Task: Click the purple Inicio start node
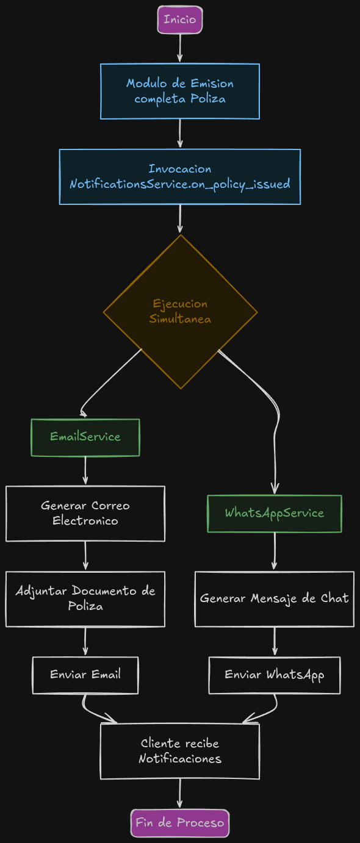coord(179,20)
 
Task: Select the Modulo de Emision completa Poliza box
coord(179,91)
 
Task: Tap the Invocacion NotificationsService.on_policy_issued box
coord(179,176)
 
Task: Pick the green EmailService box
coord(85,437)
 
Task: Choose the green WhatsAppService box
coord(274,513)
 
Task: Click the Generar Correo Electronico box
coord(85,513)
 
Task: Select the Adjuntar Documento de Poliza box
coord(85,598)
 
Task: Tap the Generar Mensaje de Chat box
coord(274,598)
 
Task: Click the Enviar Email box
coord(85,675)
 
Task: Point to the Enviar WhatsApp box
coord(274,675)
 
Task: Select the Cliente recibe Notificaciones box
coord(179,751)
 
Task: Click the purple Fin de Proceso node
coord(179,823)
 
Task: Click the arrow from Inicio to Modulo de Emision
coord(179,48)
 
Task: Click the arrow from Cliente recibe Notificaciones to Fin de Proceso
coord(179,794)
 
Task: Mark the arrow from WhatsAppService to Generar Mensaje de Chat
coord(274,551)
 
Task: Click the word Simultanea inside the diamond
coord(180,319)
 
